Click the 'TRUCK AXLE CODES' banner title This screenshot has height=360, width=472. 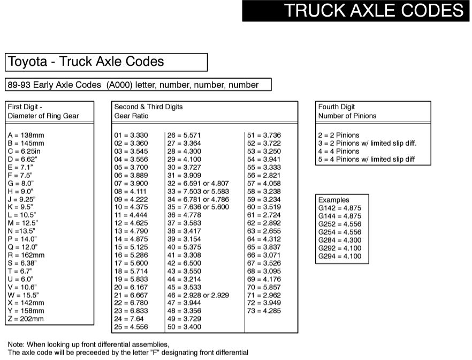(374, 11)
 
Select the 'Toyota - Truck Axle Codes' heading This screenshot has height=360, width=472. (86, 62)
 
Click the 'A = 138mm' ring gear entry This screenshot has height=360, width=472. (26, 136)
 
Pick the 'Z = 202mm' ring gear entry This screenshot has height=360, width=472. (26, 319)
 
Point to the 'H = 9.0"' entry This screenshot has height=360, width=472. (21, 191)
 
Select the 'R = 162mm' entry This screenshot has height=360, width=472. (26, 255)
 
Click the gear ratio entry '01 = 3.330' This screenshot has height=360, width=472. (131, 136)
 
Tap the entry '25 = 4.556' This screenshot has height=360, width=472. (131, 327)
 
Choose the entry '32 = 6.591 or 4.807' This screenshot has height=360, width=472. (198, 183)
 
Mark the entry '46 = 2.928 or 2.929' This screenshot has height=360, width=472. (198, 295)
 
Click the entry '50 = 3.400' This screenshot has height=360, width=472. (184, 327)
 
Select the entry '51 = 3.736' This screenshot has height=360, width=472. (264, 136)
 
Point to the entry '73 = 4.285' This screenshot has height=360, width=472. (264, 311)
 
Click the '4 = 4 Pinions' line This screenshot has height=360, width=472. (339, 152)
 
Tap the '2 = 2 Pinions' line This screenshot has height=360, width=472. (339, 136)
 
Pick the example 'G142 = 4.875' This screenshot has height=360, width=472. (340, 208)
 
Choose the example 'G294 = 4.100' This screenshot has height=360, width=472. (340, 257)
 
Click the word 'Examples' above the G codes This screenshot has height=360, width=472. (333, 200)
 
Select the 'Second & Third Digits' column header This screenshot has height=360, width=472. (149, 107)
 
